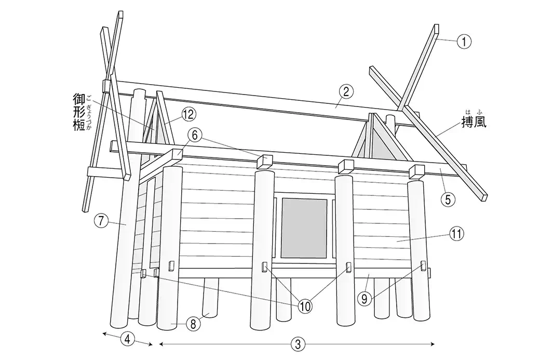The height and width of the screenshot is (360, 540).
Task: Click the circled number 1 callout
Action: pos(464,42)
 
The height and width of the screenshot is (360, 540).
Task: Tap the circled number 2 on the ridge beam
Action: pos(346,91)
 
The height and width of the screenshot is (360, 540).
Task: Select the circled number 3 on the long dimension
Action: pos(298,344)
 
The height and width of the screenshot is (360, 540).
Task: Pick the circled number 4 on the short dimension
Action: pos(127,339)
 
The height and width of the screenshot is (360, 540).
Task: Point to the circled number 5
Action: pos(448,199)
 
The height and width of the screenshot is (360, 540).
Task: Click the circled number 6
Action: pos(195,136)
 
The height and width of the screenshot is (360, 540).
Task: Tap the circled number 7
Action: pos(101,220)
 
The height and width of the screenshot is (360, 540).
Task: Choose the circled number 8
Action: pos(193,324)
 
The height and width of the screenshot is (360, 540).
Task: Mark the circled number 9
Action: pos(364,298)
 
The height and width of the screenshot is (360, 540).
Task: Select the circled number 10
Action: pos(305,306)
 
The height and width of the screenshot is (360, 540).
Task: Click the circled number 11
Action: pos(456,234)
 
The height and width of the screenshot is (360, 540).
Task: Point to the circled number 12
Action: pos(188,114)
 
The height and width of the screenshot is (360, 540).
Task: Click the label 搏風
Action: pos(474,121)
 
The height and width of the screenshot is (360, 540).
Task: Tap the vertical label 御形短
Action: pos(79,112)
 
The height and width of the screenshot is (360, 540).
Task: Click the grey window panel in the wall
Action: pos(304,229)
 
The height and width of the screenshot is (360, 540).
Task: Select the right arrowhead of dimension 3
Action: pos(432,343)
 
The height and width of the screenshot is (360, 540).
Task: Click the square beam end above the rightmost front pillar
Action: pos(416,171)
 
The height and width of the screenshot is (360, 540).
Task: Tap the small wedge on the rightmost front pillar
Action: pos(423,266)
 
